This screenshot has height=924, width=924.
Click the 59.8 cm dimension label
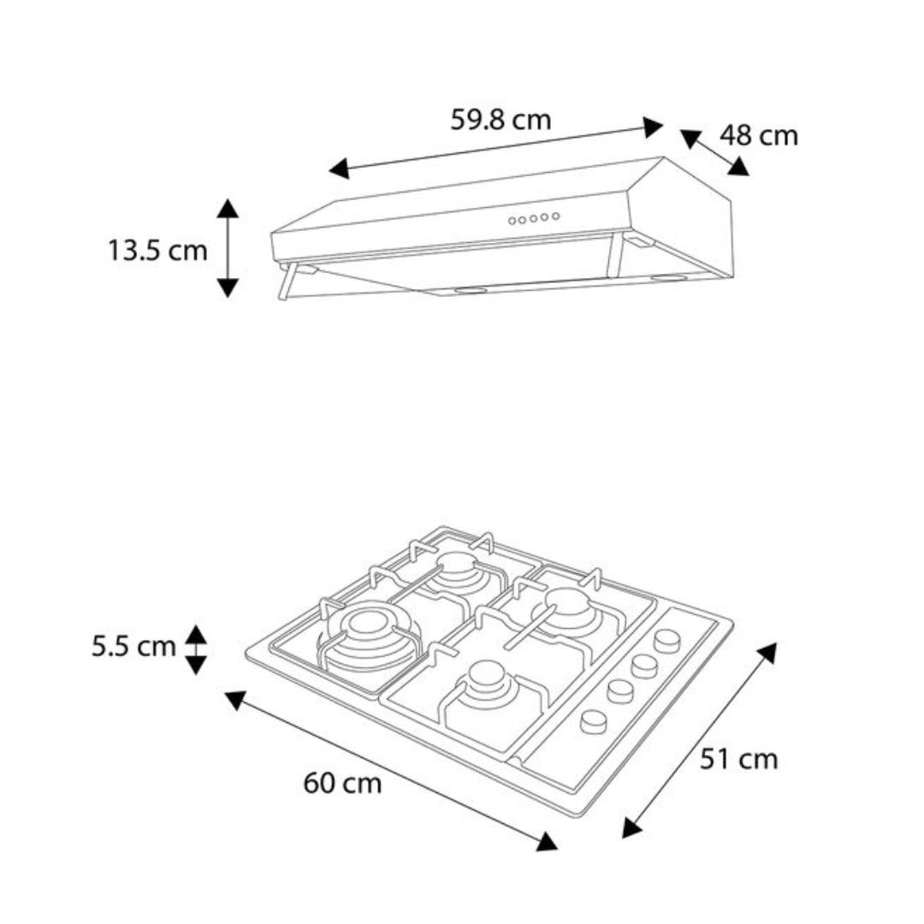pyautogui.click(x=500, y=120)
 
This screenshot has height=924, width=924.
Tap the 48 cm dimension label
pyautogui.click(x=759, y=135)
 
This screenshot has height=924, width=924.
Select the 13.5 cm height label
pyautogui.click(x=158, y=251)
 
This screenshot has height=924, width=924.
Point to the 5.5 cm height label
pyautogui.click(x=133, y=647)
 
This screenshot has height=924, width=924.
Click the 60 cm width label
pyautogui.click(x=342, y=784)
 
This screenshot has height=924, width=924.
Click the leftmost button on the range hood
pyautogui.click(x=512, y=221)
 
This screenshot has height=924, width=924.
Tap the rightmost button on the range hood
pyautogui.click(x=555, y=216)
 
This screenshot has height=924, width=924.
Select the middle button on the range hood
pyautogui.click(x=533, y=219)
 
